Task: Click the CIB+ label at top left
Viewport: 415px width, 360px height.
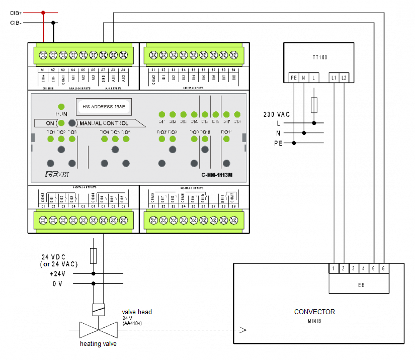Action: (16, 13)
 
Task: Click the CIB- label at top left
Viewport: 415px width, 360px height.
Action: (16, 23)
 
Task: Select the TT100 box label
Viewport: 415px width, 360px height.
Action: (319, 58)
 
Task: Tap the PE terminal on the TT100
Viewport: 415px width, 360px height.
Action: (294, 78)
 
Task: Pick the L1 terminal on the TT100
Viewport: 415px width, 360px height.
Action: (335, 78)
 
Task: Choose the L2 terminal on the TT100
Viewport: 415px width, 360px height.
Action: (344, 78)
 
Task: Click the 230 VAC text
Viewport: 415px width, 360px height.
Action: (276, 114)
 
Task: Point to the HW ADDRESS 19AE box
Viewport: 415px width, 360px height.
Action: (104, 106)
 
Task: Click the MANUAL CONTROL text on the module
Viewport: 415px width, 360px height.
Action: (104, 123)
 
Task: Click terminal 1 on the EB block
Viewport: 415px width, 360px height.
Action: (334, 269)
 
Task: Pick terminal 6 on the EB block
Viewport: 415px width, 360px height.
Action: (383, 269)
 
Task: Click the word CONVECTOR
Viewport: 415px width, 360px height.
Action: (314, 312)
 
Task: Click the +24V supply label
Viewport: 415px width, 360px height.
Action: (58, 273)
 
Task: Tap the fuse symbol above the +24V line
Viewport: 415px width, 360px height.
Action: (94, 255)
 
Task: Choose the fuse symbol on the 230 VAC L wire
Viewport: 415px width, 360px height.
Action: (314, 105)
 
